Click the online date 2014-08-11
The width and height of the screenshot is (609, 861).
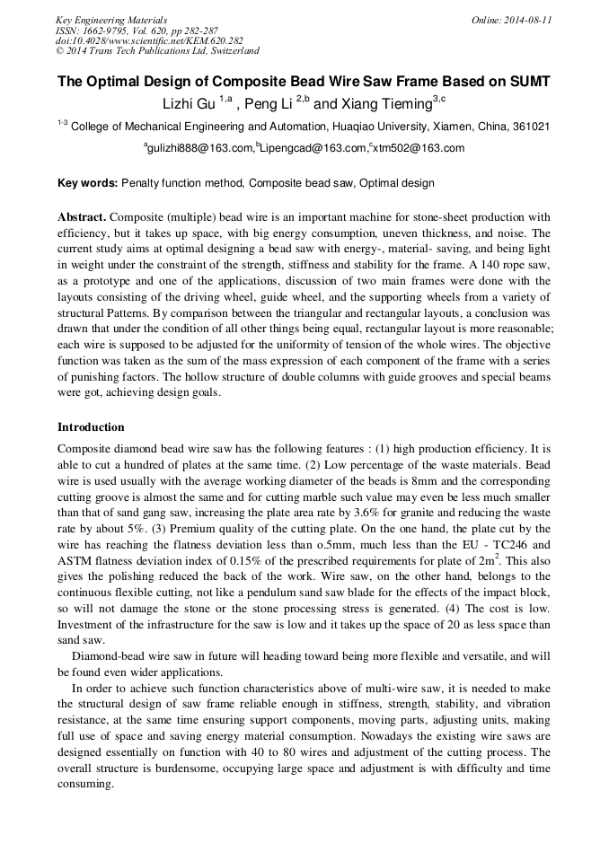click(526, 20)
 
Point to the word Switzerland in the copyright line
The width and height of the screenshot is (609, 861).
click(230, 52)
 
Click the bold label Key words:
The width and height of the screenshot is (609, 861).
click(88, 183)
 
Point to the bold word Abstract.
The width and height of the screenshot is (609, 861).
click(83, 217)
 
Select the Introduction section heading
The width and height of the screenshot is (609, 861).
click(91, 426)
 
